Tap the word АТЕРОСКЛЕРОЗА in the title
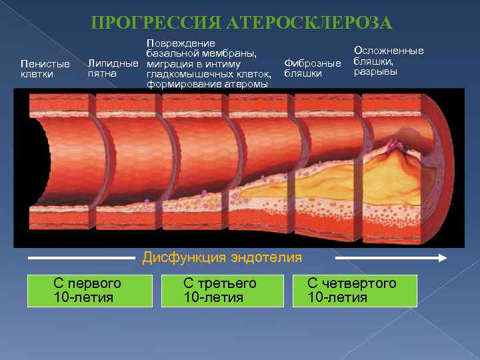click(309, 24)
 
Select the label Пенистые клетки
click(45, 69)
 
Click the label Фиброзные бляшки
click(312, 68)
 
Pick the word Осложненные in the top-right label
click(389, 51)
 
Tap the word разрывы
click(375, 71)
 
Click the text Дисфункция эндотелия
click(222, 257)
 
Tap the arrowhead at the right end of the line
click(441, 257)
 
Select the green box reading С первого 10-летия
click(90, 290)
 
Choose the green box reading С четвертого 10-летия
click(355, 290)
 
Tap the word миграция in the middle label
click(168, 63)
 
